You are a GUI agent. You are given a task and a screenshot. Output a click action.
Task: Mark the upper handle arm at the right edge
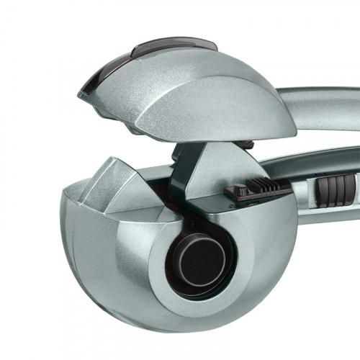(x=338, y=102)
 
